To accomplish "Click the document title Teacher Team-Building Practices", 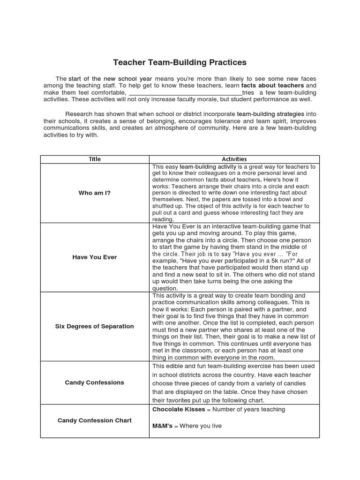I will click(x=180, y=62).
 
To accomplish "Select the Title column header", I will click(x=95, y=159).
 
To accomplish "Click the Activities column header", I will click(x=234, y=159).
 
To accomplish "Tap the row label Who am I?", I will click(x=95, y=193).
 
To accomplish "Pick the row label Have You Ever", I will click(x=95, y=257).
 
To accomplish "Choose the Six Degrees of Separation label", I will click(x=95, y=326).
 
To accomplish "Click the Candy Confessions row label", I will click(x=95, y=382).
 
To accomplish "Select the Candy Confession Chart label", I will click(x=95, y=420).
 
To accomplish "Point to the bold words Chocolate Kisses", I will click(x=179, y=409).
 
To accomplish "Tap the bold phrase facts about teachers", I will click(x=272, y=86).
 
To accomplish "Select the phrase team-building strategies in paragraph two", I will click(x=270, y=114).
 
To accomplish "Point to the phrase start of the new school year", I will click(x=110, y=79).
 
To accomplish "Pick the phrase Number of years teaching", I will click(x=249, y=409).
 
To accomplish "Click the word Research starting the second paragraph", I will click(x=80, y=114).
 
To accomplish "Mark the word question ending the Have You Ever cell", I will click(x=165, y=288).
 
